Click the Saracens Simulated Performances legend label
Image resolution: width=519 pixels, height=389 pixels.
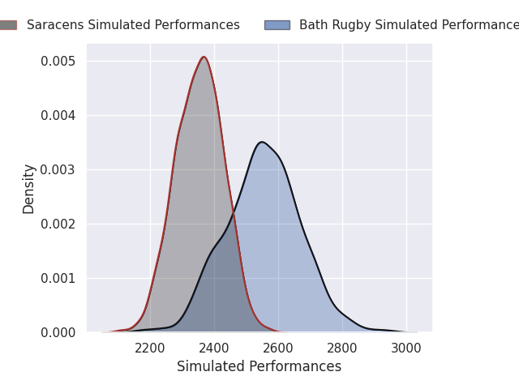tap(133, 25)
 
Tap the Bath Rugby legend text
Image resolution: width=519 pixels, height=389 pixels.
tap(409, 25)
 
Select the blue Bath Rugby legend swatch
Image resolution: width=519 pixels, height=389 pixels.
tap(277, 25)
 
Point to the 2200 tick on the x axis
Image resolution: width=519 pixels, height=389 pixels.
tap(150, 348)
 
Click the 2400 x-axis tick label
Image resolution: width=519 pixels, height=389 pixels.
tap(214, 348)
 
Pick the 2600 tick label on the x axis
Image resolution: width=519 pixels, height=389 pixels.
tap(278, 348)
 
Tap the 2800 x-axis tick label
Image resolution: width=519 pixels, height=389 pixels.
tap(342, 348)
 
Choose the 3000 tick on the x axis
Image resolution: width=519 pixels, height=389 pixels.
tap(406, 348)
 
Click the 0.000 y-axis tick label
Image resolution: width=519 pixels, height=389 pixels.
tap(59, 332)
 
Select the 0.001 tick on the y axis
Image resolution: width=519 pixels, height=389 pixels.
tap(59, 278)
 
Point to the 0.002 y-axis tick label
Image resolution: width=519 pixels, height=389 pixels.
tap(59, 224)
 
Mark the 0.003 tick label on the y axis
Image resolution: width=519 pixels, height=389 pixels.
tap(59, 169)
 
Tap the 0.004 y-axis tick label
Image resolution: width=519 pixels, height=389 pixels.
tap(59, 115)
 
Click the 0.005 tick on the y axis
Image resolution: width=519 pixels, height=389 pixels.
tap(59, 61)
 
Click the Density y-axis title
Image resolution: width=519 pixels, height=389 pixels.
tap(29, 189)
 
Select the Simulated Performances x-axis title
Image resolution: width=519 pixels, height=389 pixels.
tap(259, 367)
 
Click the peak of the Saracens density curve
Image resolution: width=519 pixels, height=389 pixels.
tap(204, 57)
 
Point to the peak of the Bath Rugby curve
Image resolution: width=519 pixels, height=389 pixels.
tap(261, 143)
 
